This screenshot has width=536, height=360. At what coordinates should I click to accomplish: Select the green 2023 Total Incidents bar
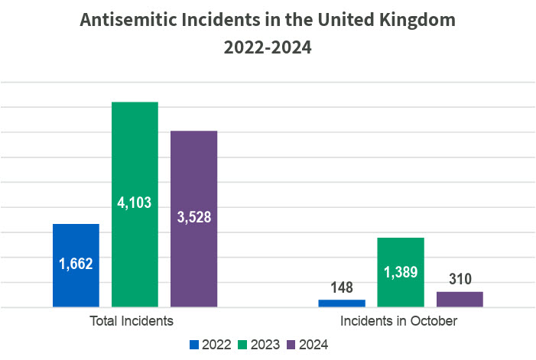[135, 153]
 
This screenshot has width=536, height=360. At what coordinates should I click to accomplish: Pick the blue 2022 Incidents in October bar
[341, 303]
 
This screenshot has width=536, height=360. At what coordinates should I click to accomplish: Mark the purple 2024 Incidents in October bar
[459, 300]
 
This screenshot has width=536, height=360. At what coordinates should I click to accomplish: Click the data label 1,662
[76, 264]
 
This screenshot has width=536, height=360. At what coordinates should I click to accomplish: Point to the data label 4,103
[135, 203]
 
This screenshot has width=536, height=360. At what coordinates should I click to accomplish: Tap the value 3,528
[193, 216]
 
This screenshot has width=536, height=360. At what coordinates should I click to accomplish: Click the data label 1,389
[400, 272]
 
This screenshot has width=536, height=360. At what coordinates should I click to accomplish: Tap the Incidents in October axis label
[399, 321]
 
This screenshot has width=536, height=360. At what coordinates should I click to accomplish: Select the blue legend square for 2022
[194, 345]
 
